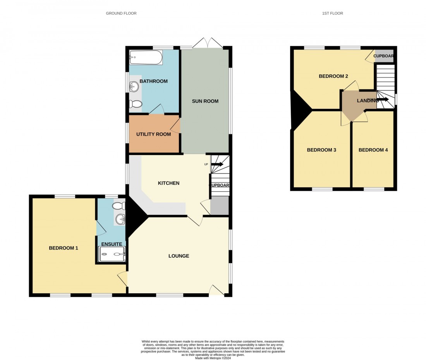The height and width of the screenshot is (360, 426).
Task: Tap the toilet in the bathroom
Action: pos(136,104)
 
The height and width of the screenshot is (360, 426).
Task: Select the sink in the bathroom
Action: pos(134,86)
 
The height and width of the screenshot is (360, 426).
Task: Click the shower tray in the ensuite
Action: pos(112,255)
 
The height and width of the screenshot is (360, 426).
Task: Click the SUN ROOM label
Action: pos(205,101)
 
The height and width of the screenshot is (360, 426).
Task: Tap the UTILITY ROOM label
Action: pos(153,134)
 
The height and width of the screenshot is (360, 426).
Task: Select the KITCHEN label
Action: pos(169,183)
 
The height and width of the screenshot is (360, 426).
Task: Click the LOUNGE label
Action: pos(179,256)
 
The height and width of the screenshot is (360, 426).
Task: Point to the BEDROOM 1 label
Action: pos(64,248)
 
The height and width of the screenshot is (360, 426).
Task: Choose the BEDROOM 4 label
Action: pos(373,150)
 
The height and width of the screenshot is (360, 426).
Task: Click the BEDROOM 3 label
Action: pos(321,150)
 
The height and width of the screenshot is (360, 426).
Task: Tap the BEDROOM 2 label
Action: pos(333,76)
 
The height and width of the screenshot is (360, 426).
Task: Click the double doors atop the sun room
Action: pos(208,43)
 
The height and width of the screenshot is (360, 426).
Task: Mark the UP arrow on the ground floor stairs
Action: pos(217,164)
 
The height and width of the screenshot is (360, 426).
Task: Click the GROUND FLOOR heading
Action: pos(121,13)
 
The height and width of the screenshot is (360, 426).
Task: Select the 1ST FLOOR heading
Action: pos(332,13)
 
